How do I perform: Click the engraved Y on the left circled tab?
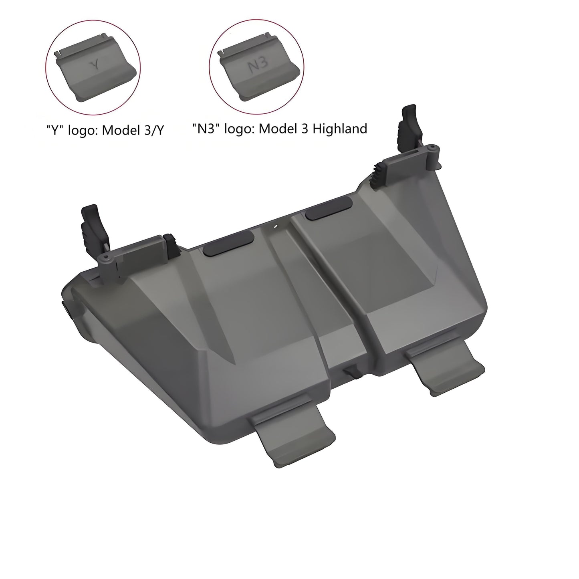[95, 64]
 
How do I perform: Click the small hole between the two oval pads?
[276, 227]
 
